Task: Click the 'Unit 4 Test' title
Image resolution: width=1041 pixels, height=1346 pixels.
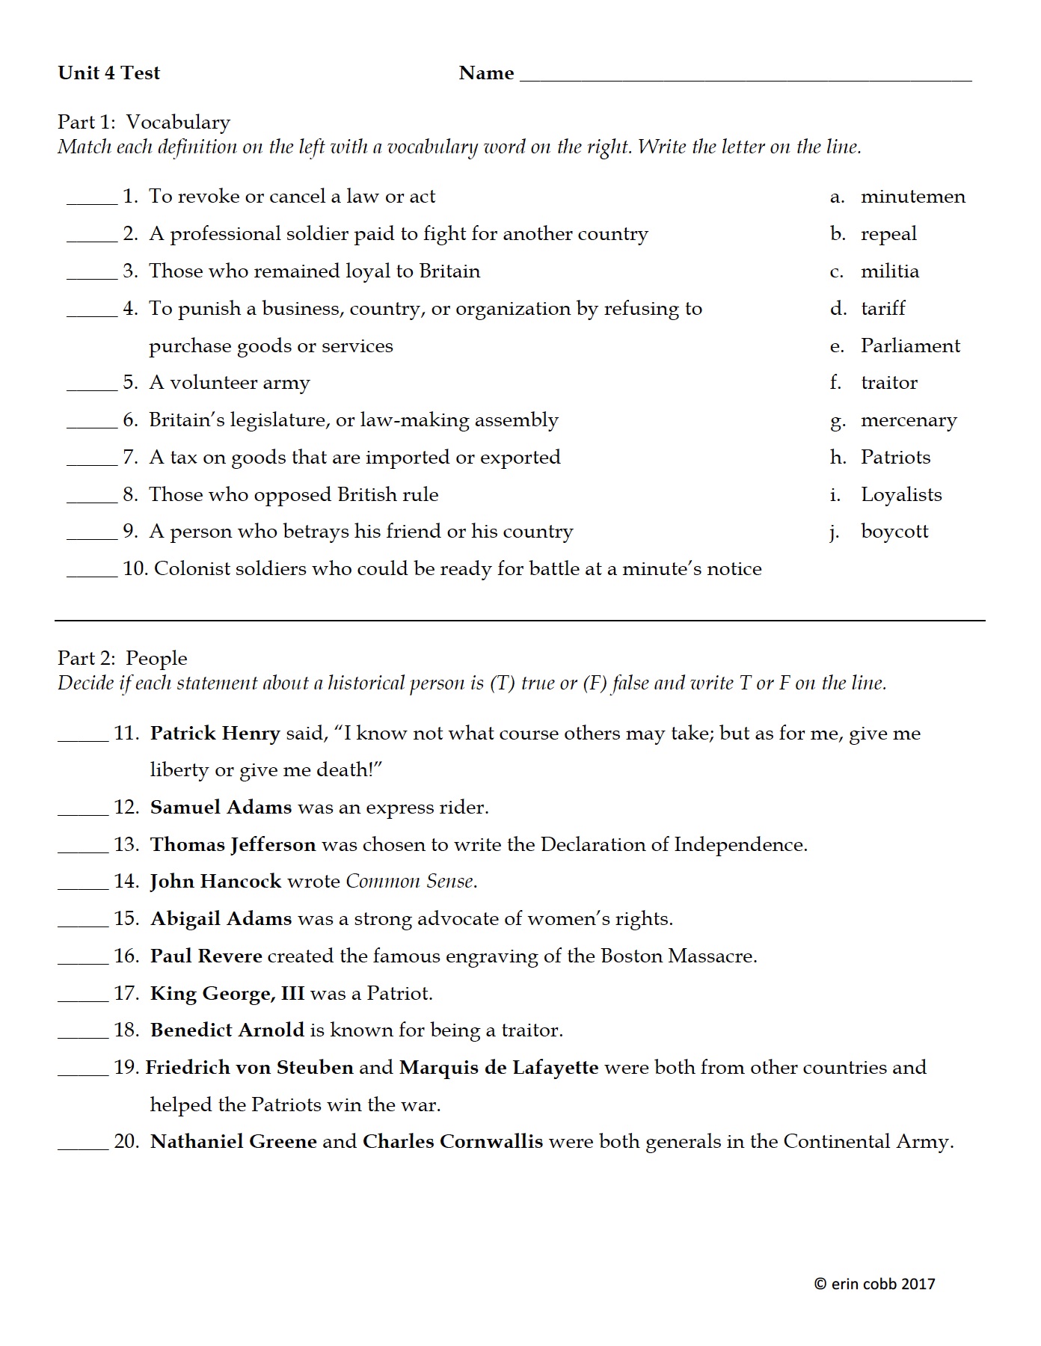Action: coord(109,73)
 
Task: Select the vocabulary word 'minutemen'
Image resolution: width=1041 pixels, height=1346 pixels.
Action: coord(912,197)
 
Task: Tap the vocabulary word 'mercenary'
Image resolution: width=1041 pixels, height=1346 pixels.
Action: coord(908,420)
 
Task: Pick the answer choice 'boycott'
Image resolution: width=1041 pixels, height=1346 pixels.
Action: coord(894,532)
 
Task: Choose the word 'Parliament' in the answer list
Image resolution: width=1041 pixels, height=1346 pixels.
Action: coord(910,345)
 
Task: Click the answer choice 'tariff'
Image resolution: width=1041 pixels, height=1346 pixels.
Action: coord(882,308)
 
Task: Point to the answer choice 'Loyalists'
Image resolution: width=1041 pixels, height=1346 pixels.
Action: coord(901,494)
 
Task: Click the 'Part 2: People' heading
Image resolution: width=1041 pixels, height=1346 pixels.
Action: coord(123,658)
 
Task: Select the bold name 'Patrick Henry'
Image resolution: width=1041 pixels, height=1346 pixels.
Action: coord(215,733)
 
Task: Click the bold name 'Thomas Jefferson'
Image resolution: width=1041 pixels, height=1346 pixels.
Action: coord(233,844)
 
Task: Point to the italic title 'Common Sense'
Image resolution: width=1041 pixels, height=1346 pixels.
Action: coord(410,882)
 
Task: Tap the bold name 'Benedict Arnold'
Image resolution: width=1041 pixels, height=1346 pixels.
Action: coord(227,1030)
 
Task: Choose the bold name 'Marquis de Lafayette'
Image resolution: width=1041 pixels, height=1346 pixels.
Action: coord(499,1067)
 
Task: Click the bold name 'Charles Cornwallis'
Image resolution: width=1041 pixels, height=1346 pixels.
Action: coord(452,1142)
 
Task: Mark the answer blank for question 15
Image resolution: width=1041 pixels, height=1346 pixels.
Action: coord(83,924)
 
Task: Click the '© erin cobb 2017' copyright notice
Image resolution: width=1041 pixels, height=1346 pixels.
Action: coord(874,1284)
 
